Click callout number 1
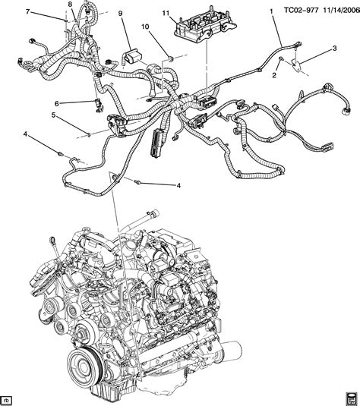[271, 11]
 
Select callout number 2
[274, 75]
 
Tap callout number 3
[335, 48]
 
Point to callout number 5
[53, 115]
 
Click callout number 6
[57, 103]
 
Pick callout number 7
[28, 11]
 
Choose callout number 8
[70, 4]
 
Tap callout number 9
[120, 13]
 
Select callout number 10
[145, 27]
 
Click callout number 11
[166, 13]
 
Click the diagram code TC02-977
[301, 11]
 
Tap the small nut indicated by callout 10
[171, 60]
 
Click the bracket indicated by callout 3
[296, 65]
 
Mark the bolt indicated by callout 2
[281, 59]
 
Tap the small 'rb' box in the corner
[7, 398]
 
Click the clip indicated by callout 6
[98, 105]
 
